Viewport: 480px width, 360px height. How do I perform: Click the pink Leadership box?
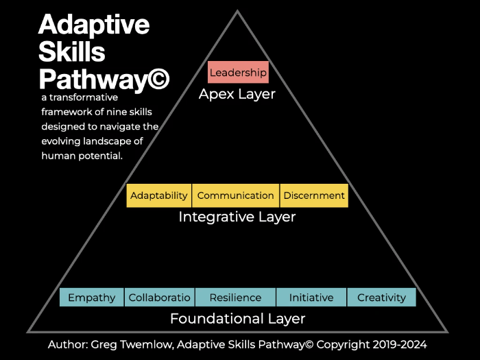click(x=238, y=72)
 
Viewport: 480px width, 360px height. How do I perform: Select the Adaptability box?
click(x=159, y=195)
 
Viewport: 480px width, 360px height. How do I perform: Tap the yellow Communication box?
click(x=235, y=195)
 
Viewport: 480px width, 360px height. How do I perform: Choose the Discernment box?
click(x=314, y=195)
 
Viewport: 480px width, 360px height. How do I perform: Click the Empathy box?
click(x=92, y=298)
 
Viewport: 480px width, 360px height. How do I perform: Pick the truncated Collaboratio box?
click(x=160, y=298)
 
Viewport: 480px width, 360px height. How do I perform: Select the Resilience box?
click(x=235, y=298)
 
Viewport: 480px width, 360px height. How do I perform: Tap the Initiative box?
click(x=311, y=298)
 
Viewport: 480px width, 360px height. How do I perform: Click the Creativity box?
click(x=381, y=298)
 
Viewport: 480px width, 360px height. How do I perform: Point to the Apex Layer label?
click(x=237, y=94)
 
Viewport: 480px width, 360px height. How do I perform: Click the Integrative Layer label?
click(x=237, y=217)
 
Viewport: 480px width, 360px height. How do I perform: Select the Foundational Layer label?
click(x=237, y=319)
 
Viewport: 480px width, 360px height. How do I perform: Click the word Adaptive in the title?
click(x=94, y=25)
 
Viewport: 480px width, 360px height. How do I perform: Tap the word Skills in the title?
click(x=72, y=53)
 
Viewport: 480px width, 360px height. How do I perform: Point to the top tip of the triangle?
click(x=238, y=11)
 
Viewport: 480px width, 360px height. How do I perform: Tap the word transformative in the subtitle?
click(x=80, y=97)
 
